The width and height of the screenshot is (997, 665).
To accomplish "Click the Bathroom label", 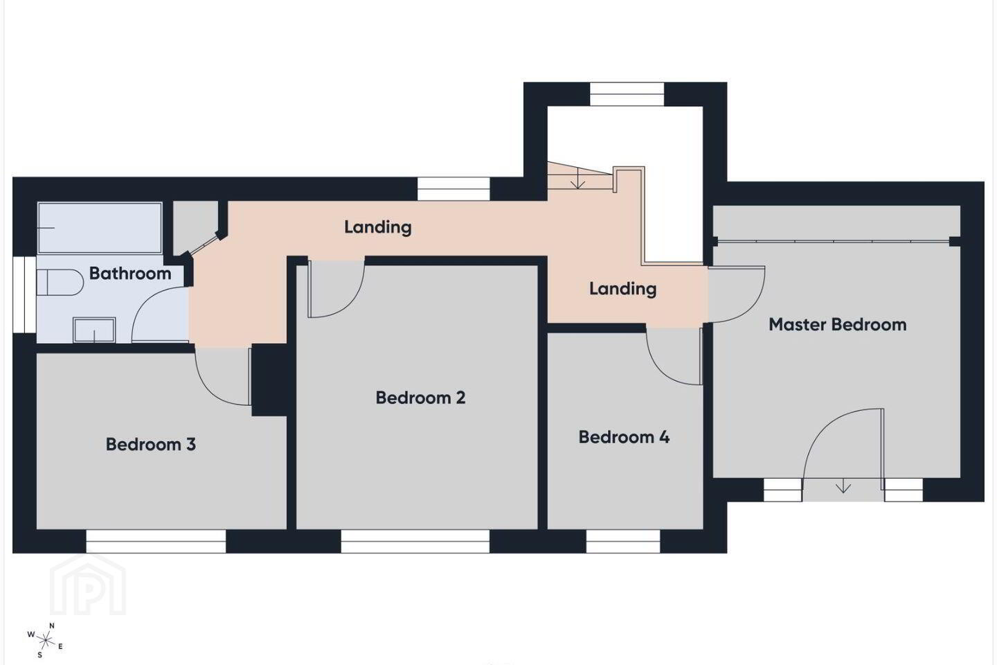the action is pos(130,273).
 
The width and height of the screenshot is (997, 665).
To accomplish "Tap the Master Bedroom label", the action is pos(838,324).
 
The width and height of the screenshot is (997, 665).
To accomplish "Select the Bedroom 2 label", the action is pos(421,398).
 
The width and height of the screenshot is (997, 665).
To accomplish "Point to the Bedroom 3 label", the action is pos(151,444).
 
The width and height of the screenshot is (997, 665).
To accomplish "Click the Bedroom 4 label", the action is pos(624,437).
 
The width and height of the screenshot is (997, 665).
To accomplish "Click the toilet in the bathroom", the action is pos(60,282).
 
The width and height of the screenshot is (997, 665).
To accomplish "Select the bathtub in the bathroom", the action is pos(100,228).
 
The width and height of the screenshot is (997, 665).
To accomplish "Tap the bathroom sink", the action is pos(94,330).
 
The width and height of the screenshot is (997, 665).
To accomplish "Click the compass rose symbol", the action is pos(45,641).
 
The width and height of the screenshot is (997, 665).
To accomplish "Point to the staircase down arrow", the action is pos(577,179).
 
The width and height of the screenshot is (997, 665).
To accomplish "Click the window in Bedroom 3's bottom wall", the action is pos(156,541).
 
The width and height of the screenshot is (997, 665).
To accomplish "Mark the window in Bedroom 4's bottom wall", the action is pos(623,541).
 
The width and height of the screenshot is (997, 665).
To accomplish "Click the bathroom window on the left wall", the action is pos(24,294).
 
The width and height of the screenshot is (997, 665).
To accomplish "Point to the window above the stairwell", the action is pos(627,94).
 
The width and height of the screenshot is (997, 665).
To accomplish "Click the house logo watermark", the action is pos(88,585).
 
